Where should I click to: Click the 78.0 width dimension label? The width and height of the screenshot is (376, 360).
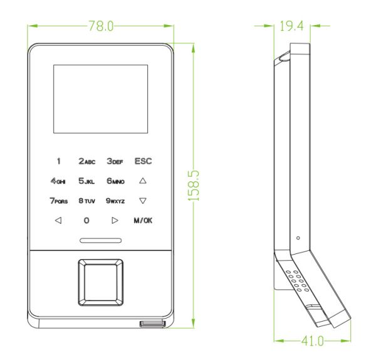(x=101, y=26)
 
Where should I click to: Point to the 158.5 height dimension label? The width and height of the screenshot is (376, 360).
(x=193, y=186)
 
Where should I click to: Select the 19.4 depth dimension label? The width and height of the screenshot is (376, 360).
(x=291, y=26)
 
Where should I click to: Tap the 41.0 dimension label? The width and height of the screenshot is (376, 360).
(x=313, y=341)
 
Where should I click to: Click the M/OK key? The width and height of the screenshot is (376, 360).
(x=143, y=220)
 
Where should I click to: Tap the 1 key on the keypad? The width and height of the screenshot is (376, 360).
(x=59, y=161)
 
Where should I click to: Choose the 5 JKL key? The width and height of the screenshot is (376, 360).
(x=86, y=181)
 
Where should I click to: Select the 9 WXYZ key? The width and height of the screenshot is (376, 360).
(x=115, y=201)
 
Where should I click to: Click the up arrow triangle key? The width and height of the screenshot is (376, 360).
(x=143, y=181)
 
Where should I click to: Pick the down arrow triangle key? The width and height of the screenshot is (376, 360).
(x=143, y=201)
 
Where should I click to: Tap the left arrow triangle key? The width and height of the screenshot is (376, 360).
(x=58, y=220)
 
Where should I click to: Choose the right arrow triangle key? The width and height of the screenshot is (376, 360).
(x=115, y=220)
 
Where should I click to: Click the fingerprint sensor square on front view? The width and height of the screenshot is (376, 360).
(x=101, y=282)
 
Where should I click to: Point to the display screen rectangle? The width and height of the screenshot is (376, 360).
(x=100, y=99)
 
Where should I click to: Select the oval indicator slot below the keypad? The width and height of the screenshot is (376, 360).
(x=101, y=240)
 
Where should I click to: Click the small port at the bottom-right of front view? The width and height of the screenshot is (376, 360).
(x=153, y=324)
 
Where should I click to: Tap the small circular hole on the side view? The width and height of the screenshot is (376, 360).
(x=298, y=238)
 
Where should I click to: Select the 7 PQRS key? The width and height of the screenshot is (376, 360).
(x=59, y=201)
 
